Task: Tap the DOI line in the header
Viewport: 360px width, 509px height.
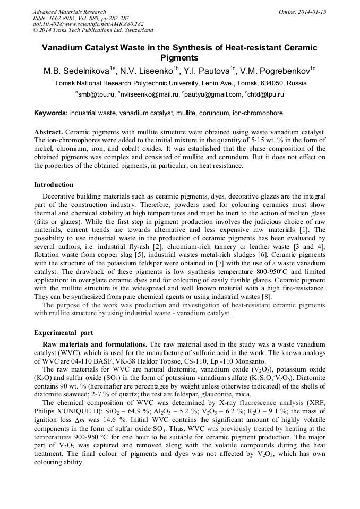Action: pyautogui.click(x=88, y=24)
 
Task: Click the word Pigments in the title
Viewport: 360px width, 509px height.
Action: pyautogui.click(x=179, y=58)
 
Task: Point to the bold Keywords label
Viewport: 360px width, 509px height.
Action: pyautogui.click(x=51, y=113)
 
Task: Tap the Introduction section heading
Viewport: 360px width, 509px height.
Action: pyautogui.click(x=54, y=185)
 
